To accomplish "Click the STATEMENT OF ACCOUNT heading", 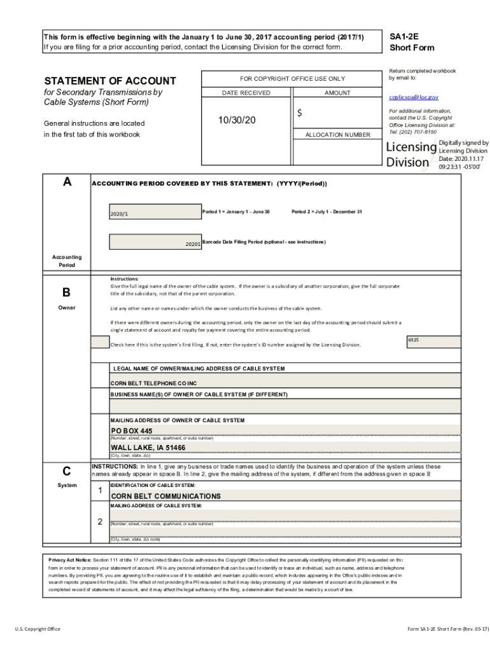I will [x=109, y=81].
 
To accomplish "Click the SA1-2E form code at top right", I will [x=403, y=36].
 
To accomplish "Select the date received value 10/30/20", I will [x=237, y=120].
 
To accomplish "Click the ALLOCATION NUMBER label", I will [x=337, y=135].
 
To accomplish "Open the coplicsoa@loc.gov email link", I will [x=414, y=98].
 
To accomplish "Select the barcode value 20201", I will [x=193, y=244].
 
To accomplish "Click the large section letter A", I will [x=67, y=182].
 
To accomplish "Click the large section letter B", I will [x=66, y=293].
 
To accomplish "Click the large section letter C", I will [x=66, y=472].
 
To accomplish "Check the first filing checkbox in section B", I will [x=100, y=343].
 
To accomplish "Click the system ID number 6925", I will [x=414, y=340].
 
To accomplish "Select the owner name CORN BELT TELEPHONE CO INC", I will [x=154, y=383].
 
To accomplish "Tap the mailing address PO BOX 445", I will [x=132, y=431].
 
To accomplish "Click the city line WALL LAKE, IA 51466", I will [x=148, y=448].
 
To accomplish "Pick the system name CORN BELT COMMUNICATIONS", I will [x=165, y=496].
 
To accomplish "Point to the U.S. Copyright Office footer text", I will [x=38, y=629].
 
